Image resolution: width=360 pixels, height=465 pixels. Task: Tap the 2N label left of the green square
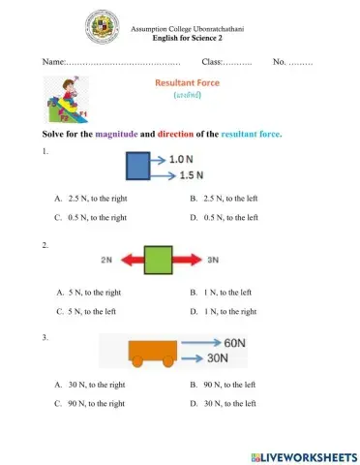pyautogui.click(x=106, y=260)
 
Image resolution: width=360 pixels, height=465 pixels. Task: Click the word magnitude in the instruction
pyautogui.click(x=117, y=134)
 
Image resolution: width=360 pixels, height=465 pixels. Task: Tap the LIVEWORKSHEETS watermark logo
pyautogui.click(x=303, y=456)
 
